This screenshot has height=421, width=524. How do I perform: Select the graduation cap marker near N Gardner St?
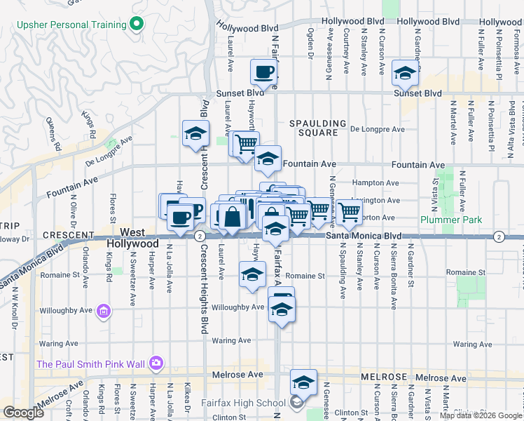pyautogui.click(x=405, y=72)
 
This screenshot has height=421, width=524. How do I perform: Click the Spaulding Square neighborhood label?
pyautogui.click(x=319, y=128)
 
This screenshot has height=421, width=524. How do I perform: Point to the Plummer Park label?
pyautogui.click(x=452, y=220)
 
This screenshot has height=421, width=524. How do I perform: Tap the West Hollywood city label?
pyautogui.click(x=133, y=238)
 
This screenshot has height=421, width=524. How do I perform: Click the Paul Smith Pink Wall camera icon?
pyautogui.click(x=156, y=363)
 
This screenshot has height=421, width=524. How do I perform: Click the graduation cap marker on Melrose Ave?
pyautogui.click(x=303, y=382)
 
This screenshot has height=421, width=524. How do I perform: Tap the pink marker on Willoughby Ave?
pyautogui.click(x=104, y=310)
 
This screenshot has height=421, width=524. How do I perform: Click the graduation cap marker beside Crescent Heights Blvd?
pyautogui.click(x=195, y=133)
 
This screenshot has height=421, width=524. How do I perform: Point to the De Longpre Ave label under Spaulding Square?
pyautogui.click(x=378, y=129)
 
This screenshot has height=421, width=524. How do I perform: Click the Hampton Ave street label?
pyautogui.click(x=369, y=182)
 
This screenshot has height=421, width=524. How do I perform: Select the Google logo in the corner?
pyautogui.click(x=23, y=413)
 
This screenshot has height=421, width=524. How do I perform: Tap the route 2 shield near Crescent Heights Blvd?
pyautogui.click(x=200, y=236)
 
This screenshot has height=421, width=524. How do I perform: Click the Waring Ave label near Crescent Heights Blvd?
pyautogui.click(x=233, y=341)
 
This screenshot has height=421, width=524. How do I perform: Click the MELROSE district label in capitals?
pyautogui.click(x=385, y=377)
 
